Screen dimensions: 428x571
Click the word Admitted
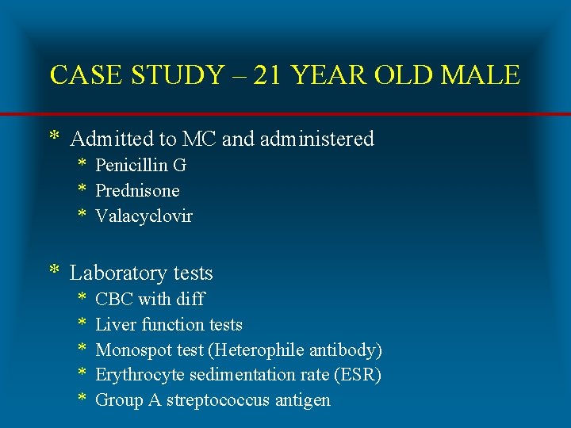point(112,139)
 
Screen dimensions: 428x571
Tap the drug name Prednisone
point(137,191)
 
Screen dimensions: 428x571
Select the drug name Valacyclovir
point(144,216)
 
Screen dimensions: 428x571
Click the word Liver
point(114,325)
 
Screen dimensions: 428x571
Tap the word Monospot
point(131,350)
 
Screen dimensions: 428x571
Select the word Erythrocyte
point(136,375)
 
